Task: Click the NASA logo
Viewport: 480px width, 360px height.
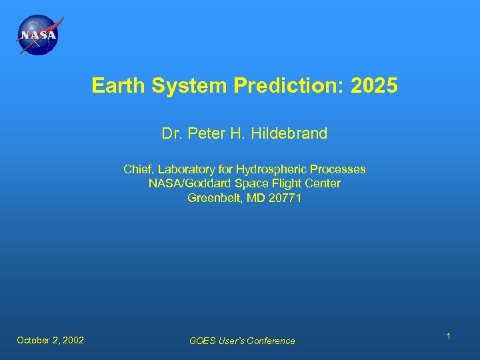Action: click(38, 35)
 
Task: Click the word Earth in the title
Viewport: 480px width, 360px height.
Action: click(113, 86)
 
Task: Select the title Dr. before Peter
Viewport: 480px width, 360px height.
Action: click(172, 134)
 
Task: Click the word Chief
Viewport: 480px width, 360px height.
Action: click(139, 169)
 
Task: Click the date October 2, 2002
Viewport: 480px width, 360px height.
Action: click(51, 340)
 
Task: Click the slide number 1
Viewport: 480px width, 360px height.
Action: click(449, 337)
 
